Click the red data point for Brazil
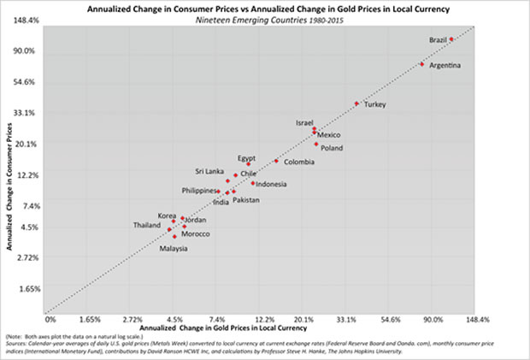point(451,39)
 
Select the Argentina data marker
point(422,64)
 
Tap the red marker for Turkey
point(356,103)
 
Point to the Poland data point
point(316,145)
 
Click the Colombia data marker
point(276,161)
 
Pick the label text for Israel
point(305,122)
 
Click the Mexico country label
point(329,135)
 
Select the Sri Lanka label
point(209,171)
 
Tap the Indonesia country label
point(271,184)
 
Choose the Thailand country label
point(146,225)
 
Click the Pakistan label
point(246,200)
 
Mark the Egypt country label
point(247,158)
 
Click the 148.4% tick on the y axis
point(23,20)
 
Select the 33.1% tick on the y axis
point(23,113)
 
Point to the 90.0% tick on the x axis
point(433,319)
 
